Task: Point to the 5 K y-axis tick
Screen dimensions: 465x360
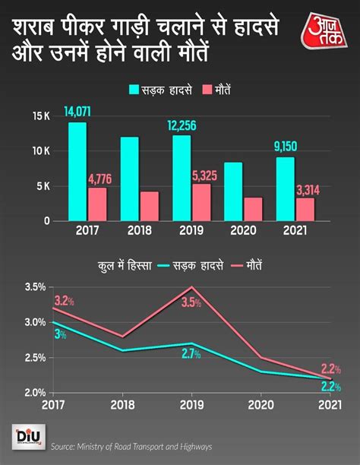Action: click(43, 186)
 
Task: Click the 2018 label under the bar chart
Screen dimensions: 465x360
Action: click(139, 231)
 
